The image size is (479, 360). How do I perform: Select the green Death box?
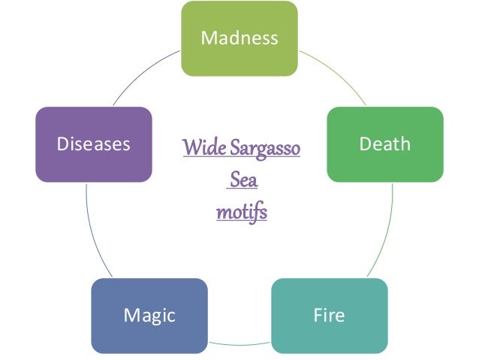click(x=385, y=162)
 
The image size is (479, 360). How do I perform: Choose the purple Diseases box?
click(x=94, y=162)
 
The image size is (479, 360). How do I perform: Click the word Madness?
click(x=239, y=38)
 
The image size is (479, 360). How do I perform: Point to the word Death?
click(x=385, y=144)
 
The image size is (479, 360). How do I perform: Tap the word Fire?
click(x=329, y=315)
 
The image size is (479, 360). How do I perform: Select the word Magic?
click(x=149, y=315)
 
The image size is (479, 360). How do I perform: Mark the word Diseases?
click(x=94, y=144)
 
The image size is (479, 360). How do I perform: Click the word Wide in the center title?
click(x=200, y=148)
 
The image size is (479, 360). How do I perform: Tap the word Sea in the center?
click(x=243, y=181)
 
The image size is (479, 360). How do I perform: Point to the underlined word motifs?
click(x=242, y=213)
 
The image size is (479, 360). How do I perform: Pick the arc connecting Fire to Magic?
click(x=239, y=343)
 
